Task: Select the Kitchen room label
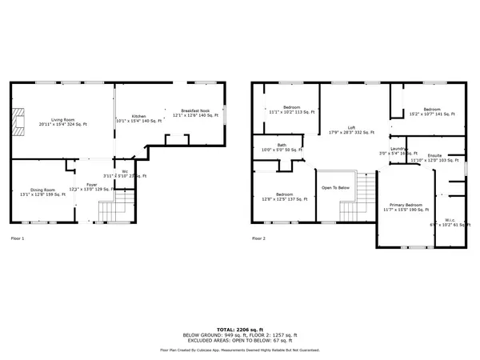coord(138,117)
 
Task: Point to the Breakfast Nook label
coord(194,112)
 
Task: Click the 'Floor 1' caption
coord(18,238)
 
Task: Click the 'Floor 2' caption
coord(259,238)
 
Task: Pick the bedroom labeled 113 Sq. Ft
coord(290,109)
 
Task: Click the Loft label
coord(351,128)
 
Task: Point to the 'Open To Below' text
coord(335,188)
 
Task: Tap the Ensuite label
coord(434,157)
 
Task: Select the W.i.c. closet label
coord(446,222)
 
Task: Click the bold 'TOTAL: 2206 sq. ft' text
coord(239,328)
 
